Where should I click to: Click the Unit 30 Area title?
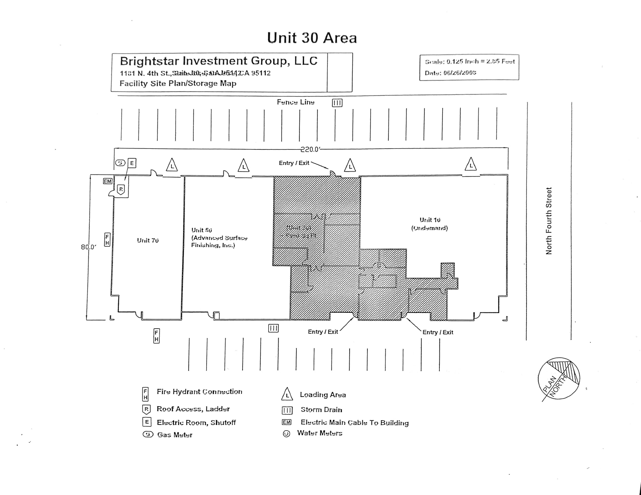click(312, 38)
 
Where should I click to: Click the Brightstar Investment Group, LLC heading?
click(219, 61)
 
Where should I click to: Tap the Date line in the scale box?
click(450, 73)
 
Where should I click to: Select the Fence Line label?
click(295, 102)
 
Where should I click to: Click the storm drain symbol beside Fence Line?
click(337, 103)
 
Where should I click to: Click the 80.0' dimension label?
click(88, 247)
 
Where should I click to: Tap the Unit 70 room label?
click(148, 240)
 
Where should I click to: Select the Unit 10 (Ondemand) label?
click(430, 224)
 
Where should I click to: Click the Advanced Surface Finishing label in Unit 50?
click(219, 241)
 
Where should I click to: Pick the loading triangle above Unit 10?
click(471, 165)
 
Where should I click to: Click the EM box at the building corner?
click(107, 181)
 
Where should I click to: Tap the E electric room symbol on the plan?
click(132, 163)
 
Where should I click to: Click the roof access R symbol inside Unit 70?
click(121, 189)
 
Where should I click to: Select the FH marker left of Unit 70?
click(107, 240)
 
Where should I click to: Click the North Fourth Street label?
click(549, 221)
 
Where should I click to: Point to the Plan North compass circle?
click(559, 378)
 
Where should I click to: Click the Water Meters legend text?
click(320, 433)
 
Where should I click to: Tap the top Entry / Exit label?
click(294, 163)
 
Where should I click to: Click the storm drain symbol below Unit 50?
click(273, 328)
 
